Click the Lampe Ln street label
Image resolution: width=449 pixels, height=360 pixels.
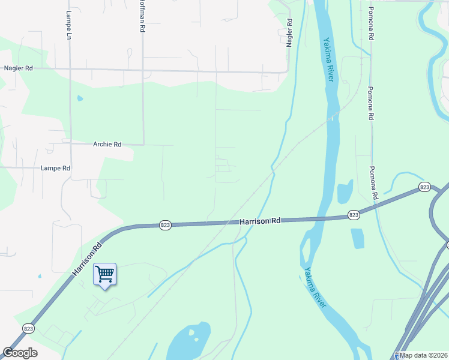[69, 26]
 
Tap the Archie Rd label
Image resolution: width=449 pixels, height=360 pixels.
[107, 145]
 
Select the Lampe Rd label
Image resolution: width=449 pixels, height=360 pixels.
[56, 169]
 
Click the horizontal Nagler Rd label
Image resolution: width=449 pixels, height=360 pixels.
[18, 69]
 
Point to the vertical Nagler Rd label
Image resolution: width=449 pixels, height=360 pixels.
[290, 34]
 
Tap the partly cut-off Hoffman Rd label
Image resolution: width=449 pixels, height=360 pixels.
[142, 17]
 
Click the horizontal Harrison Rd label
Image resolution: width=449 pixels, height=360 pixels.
[260, 221]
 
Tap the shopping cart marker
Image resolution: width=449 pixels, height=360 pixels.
[105, 275]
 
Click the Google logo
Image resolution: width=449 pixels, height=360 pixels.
[20, 353]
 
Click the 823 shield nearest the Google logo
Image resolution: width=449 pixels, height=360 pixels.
[28, 328]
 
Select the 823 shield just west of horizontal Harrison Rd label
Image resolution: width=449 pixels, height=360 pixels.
[166, 225]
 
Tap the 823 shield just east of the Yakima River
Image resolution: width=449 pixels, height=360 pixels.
[354, 214]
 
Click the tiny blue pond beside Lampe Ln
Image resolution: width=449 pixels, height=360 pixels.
[80, 98]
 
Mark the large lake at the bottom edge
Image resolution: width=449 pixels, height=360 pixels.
[188, 342]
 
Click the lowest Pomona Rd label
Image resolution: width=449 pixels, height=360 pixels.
[373, 183]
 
